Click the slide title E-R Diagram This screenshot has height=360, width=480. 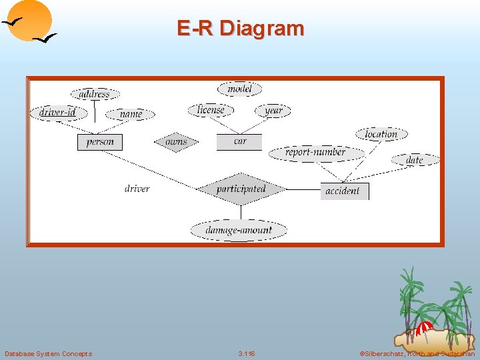(240, 29)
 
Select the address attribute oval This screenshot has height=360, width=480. (95, 94)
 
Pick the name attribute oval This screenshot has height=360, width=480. (131, 114)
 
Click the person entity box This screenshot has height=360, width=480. (100, 142)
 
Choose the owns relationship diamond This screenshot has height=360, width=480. (176, 142)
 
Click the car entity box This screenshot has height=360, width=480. (239, 141)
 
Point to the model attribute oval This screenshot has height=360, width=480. (239, 89)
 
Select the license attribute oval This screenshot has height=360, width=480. (211, 110)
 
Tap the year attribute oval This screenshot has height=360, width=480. (273, 111)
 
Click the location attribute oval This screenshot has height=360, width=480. (381, 134)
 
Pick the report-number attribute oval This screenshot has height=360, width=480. (315, 153)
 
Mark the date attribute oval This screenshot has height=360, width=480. (414, 160)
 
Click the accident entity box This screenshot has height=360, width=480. (344, 191)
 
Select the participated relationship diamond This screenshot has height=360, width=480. (241, 189)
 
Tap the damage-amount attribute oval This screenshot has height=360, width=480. (239, 230)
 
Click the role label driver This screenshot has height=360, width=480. (137, 189)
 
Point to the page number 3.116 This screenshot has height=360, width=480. (246, 353)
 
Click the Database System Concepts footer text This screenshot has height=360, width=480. (48, 353)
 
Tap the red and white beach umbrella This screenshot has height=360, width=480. (424, 327)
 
